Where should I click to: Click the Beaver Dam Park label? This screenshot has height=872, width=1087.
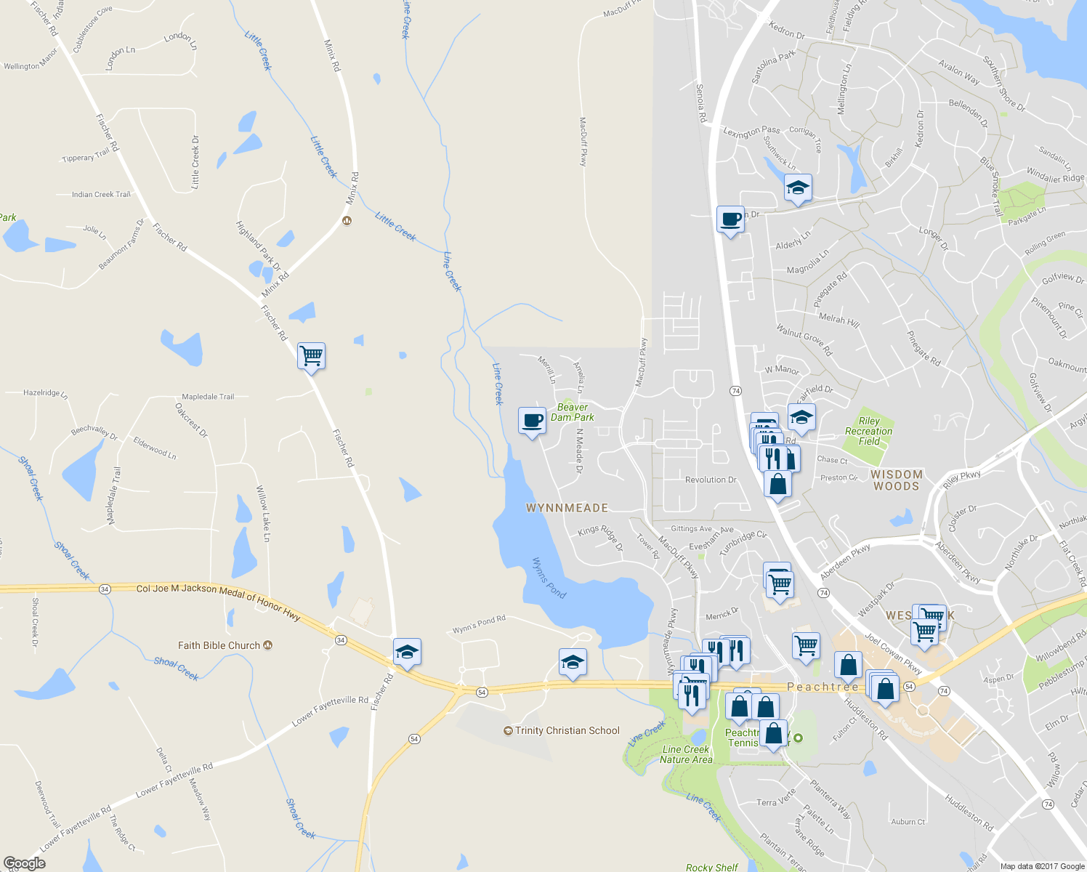pyautogui.click(x=572, y=412)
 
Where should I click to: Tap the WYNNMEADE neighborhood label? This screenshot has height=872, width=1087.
pyautogui.click(x=567, y=508)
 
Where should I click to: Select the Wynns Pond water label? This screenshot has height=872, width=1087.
pyautogui.click(x=549, y=578)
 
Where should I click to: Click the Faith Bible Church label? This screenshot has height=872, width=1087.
pyautogui.click(x=219, y=645)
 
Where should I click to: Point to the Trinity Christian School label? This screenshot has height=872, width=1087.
pyautogui.click(x=567, y=730)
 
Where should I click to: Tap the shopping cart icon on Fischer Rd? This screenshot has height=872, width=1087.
pyautogui.click(x=311, y=356)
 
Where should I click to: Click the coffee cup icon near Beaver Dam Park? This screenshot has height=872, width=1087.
pyautogui.click(x=532, y=421)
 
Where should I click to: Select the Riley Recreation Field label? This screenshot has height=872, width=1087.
pyautogui.click(x=868, y=431)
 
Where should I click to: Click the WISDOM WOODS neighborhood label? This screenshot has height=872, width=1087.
pyautogui.click(x=897, y=480)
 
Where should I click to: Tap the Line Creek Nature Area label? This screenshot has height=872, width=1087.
pyautogui.click(x=686, y=754)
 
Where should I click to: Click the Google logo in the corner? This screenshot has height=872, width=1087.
pyautogui.click(x=25, y=863)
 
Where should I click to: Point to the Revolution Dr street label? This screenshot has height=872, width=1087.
pyautogui.click(x=711, y=480)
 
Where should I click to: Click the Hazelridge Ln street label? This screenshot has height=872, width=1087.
pyautogui.click(x=45, y=393)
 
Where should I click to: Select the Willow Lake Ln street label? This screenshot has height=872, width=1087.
pyautogui.click(x=263, y=514)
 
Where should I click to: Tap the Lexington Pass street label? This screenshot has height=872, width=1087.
pyautogui.click(x=751, y=131)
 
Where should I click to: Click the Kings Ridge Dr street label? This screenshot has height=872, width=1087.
pyautogui.click(x=600, y=537)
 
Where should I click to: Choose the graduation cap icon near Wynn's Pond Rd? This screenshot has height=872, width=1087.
pyautogui.click(x=573, y=663)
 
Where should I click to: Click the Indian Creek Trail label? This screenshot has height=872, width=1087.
pyautogui.click(x=101, y=194)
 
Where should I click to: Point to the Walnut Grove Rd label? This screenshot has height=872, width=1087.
pyautogui.click(x=804, y=339)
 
